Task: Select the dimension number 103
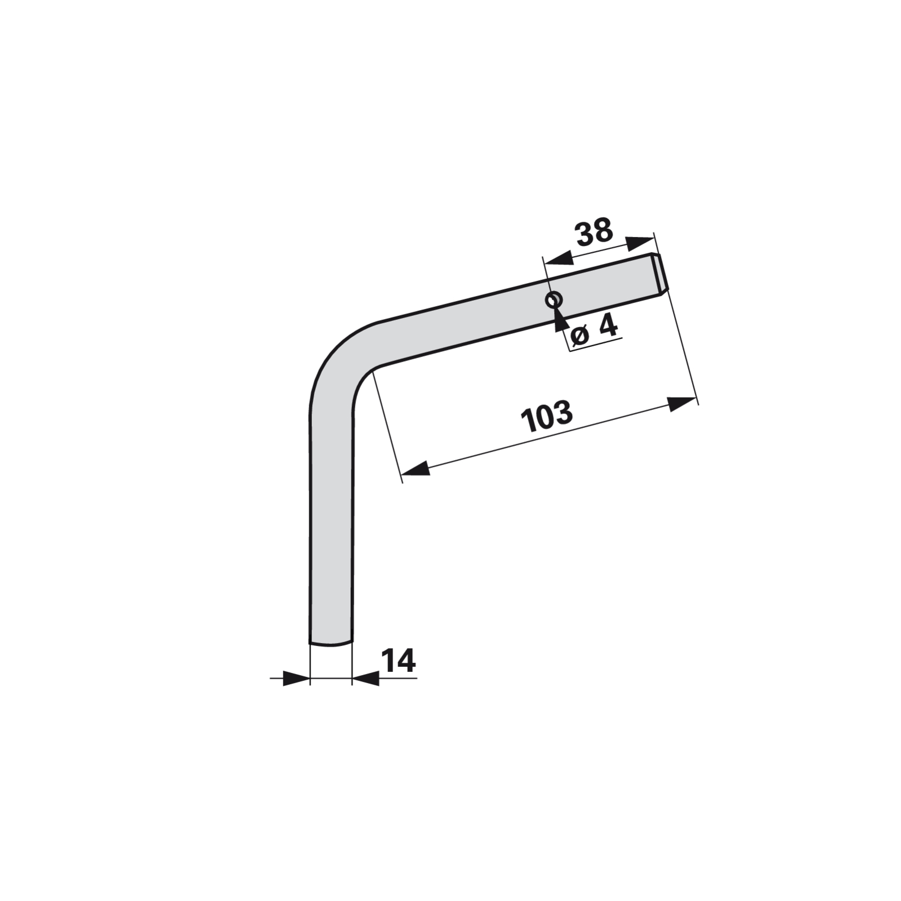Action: click(547, 416)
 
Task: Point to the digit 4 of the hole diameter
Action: click(608, 327)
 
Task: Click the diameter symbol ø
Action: click(579, 336)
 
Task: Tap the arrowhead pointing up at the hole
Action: click(559, 318)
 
